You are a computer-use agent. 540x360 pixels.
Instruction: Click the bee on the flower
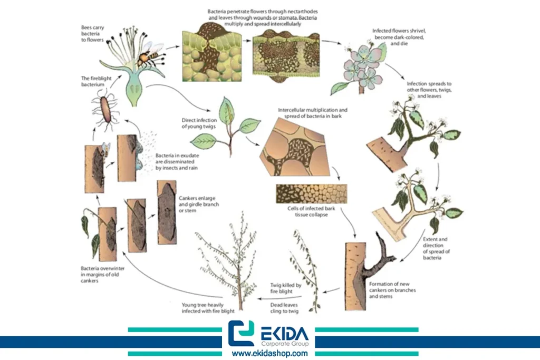(x=149, y=55)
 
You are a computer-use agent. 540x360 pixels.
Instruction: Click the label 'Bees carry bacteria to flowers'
(x=92, y=33)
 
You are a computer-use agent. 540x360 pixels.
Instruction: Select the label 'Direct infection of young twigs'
(x=199, y=123)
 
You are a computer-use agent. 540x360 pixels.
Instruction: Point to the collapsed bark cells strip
(x=311, y=194)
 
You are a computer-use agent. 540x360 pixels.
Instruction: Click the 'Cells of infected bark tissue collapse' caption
(x=311, y=211)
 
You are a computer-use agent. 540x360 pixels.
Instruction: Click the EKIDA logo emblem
(x=241, y=333)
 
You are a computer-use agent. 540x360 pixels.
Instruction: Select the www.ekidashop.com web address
(x=269, y=353)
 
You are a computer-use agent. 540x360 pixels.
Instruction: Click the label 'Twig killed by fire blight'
(x=285, y=288)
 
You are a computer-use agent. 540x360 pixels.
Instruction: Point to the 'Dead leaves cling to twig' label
(x=284, y=308)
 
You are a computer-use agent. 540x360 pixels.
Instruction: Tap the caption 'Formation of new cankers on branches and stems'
(x=392, y=290)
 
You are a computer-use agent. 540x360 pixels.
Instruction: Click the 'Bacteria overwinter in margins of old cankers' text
(x=102, y=274)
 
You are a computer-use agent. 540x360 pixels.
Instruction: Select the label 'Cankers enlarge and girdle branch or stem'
(x=199, y=204)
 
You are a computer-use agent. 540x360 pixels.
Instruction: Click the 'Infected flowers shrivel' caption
(x=399, y=37)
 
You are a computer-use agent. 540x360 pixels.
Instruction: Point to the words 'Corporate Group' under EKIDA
(x=285, y=344)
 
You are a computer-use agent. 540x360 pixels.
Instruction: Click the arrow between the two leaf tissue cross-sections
(x=247, y=40)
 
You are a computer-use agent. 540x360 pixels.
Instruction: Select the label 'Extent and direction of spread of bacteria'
(x=436, y=248)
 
